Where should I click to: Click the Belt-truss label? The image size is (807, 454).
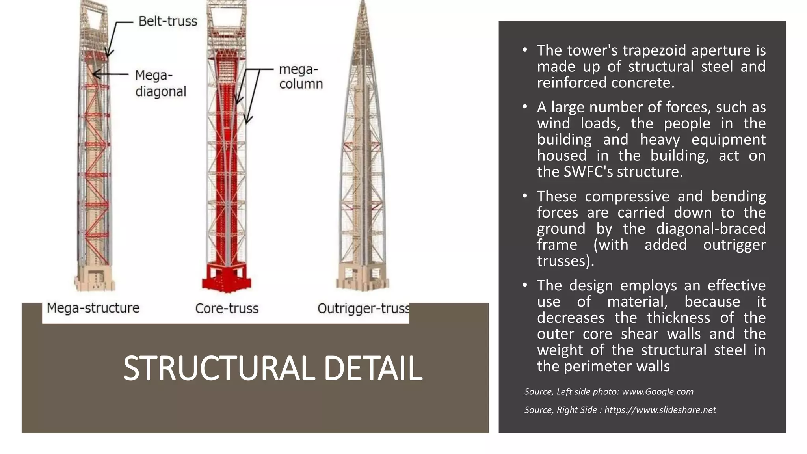pos(167,21)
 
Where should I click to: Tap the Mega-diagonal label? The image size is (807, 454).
pos(160,83)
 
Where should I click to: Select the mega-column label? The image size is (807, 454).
pos(300,76)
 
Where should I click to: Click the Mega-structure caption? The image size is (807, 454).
pos(93,308)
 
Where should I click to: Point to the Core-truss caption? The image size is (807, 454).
pos(227,308)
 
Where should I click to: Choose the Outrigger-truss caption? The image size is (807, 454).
pos(363,308)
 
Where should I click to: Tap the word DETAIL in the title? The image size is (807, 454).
pos(373,368)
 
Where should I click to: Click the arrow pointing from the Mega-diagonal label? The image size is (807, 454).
pos(110,74)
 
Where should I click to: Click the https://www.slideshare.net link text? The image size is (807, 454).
pos(660,410)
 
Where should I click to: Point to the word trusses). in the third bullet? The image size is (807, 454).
pos(565,261)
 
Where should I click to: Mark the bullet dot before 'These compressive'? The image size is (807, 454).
pos(524,196)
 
